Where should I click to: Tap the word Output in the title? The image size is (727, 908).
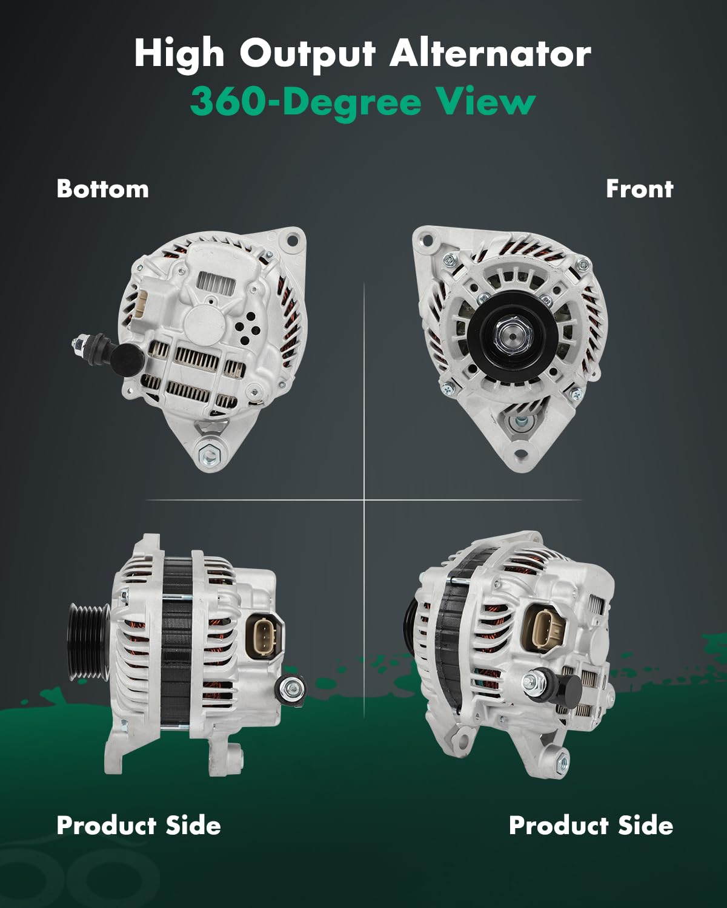click(x=308, y=54)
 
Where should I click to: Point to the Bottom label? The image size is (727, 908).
click(x=102, y=189)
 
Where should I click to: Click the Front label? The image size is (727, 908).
click(x=639, y=189)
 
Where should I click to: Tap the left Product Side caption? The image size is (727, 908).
click(x=138, y=825)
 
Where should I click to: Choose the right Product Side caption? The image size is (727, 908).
click(x=591, y=825)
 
